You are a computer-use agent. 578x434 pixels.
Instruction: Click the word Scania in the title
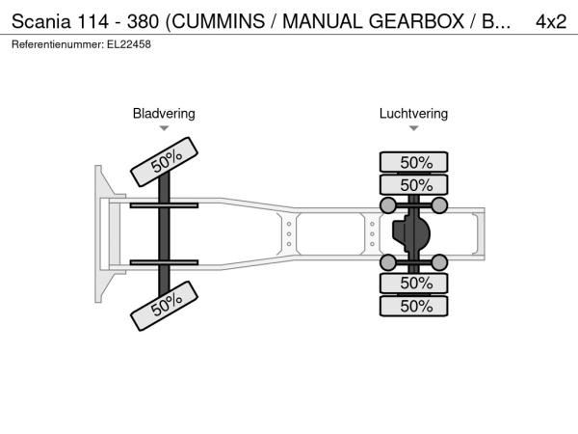click(40, 21)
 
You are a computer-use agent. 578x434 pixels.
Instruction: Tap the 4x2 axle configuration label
click(551, 22)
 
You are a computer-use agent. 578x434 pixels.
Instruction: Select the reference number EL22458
click(129, 44)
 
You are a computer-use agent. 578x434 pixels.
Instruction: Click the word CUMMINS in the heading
click(219, 21)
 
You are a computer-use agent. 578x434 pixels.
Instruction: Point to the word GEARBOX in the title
click(416, 21)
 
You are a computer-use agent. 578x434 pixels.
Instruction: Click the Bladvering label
click(164, 114)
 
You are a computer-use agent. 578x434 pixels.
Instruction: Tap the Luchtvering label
click(413, 114)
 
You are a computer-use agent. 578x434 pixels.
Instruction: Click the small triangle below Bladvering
click(164, 128)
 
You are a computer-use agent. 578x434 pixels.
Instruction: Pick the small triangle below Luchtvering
click(413, 128)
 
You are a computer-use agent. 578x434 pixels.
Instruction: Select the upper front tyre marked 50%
click(165, 162)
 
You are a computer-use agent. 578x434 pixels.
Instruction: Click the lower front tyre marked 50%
click(165, 306)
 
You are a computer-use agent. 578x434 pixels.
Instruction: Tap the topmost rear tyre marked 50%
click(413, 162)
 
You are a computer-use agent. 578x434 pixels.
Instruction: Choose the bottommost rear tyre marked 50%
click(413, 306)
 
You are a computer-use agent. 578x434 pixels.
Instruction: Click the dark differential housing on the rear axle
click(411, 233)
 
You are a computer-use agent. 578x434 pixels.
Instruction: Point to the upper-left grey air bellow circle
click(388, 205)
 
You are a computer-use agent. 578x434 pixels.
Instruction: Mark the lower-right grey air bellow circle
click(439, 262)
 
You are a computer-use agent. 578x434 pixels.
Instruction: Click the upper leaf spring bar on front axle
click(164, 205)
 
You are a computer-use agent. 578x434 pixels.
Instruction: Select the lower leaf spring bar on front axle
click(164, 262)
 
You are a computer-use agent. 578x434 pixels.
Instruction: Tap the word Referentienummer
click(58, 44)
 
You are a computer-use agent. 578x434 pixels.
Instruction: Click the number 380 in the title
click(143, 21)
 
